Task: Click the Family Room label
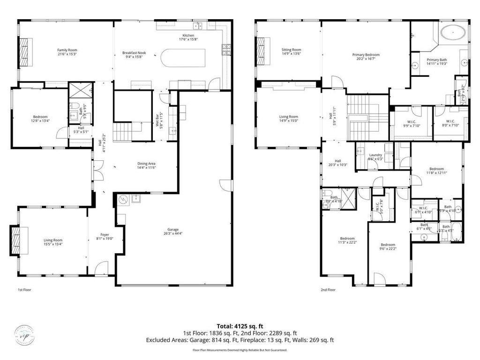pos(67,50)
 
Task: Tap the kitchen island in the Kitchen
pos(184,59)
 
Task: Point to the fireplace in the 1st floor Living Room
pos(19,240)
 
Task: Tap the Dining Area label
pos(146,164)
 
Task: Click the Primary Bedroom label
pos(366,55)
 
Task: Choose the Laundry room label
pos(375,155)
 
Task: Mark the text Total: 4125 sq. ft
pos(240,326)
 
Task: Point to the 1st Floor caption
pos(24,290)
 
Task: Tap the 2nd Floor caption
pos(328,290)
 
